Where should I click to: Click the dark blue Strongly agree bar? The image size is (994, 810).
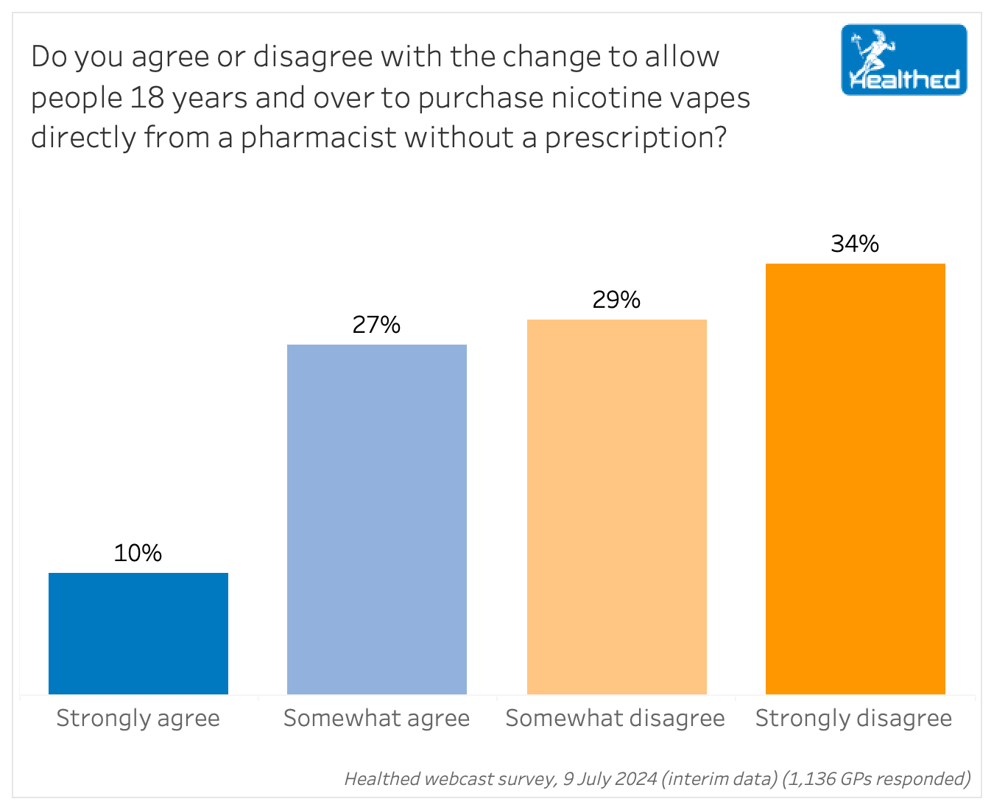coord(138,633)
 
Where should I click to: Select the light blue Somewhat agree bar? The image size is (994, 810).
coord(377,519)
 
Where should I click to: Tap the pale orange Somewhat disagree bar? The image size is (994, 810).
coord(617,507)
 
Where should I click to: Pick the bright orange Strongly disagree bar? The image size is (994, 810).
coord(856,479)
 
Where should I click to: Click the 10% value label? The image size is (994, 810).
coord(138,553)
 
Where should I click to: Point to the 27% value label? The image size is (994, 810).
coord(376,325)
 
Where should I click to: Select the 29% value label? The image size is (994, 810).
coord(616,300)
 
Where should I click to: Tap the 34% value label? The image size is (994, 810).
coord(855,244)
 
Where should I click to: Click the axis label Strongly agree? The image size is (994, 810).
coord(138,718)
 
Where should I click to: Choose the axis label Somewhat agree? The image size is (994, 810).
coord(377,718)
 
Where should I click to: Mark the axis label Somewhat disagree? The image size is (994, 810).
coord(616,718)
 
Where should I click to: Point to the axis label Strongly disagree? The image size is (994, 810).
coord(854,718)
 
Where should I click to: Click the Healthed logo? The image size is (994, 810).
coord(904,60)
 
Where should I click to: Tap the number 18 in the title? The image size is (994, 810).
coord(147,97)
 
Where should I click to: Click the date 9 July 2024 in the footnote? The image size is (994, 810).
coord(610,778)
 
